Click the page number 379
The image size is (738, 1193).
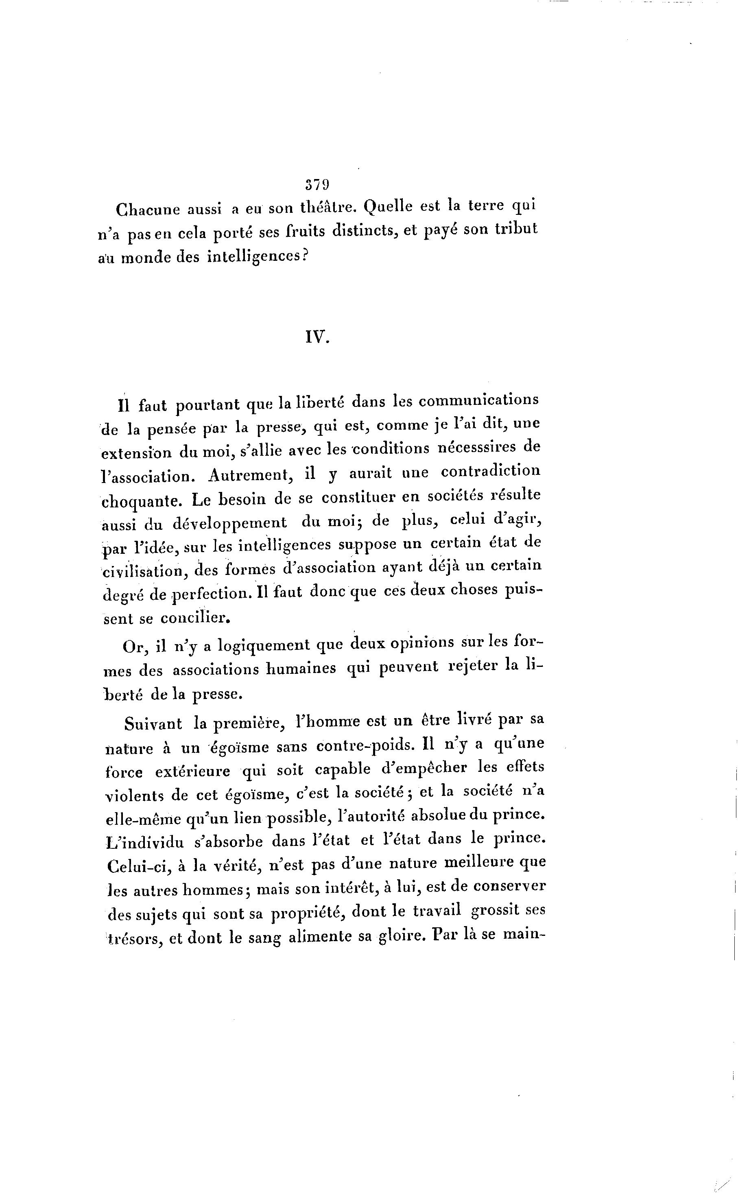click(x=317, y=184)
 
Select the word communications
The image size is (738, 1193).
click(x=479, y=400)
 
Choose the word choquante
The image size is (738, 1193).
click(x=142, y=501)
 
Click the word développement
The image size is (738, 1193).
click(x=229, y=523)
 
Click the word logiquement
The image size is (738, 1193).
click(x=264, y=646)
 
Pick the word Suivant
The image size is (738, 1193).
click(x=153, y=723)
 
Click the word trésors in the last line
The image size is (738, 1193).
click(x=134, y=938)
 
